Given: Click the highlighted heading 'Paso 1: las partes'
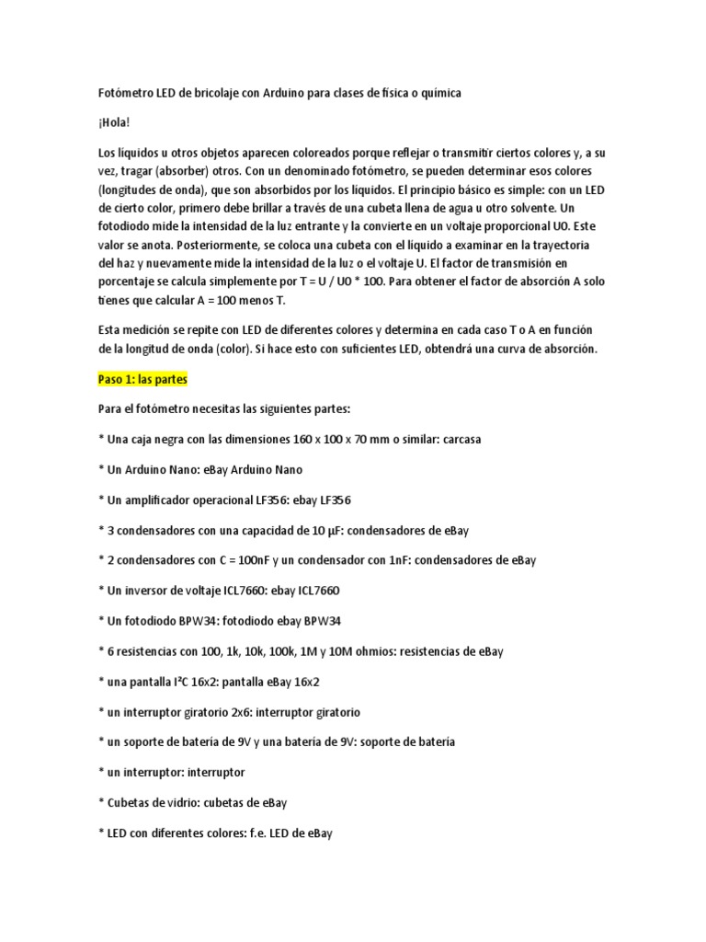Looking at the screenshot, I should pyautogui.click(x=142, y=379).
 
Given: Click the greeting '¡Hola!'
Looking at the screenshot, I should pyautogui.click(x=115, y=122).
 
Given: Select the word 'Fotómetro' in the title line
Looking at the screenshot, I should pyautogui.click(x=124, y=93).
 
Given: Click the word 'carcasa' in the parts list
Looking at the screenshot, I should pyautogui.click(x=460, y=439).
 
